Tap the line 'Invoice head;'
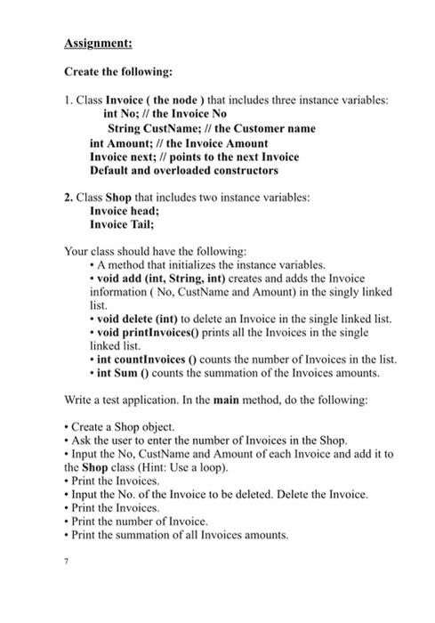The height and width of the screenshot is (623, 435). point(125,212)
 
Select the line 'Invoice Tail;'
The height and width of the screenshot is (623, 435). point(122,225)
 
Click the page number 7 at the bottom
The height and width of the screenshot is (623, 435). point(68,562)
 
